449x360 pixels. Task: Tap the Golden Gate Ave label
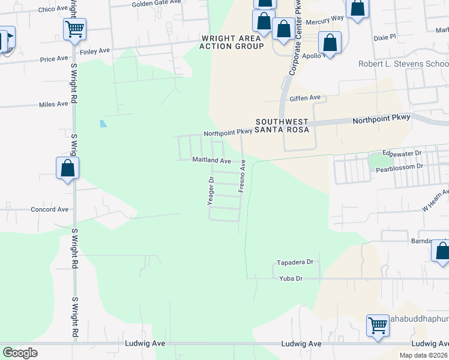tap(157, 3)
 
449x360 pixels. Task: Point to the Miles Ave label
tap(53, 104)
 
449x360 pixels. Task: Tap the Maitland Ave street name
tap(211, 161)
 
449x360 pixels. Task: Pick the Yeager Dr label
tap(211, 191)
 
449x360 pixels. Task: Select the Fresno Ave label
tap(243, 176)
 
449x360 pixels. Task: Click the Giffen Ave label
tap(305, 98)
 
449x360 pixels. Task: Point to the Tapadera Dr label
tap(295, 263)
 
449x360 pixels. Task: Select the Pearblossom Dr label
tap(400, 166)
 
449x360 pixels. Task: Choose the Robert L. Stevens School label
tap(403, 64)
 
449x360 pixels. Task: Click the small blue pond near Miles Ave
tap(103, 124)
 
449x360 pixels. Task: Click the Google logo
tap(20, 353)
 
